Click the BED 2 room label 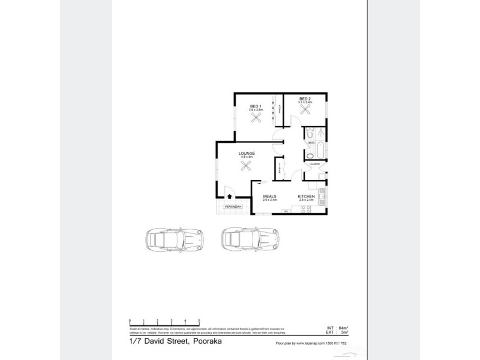tap(305, 98)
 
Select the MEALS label tap(269, 196)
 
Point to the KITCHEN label tap(307, 196)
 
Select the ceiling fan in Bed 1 tap(256, 118)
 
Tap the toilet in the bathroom tap(322, 133)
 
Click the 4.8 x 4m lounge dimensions tap(247, 158)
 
